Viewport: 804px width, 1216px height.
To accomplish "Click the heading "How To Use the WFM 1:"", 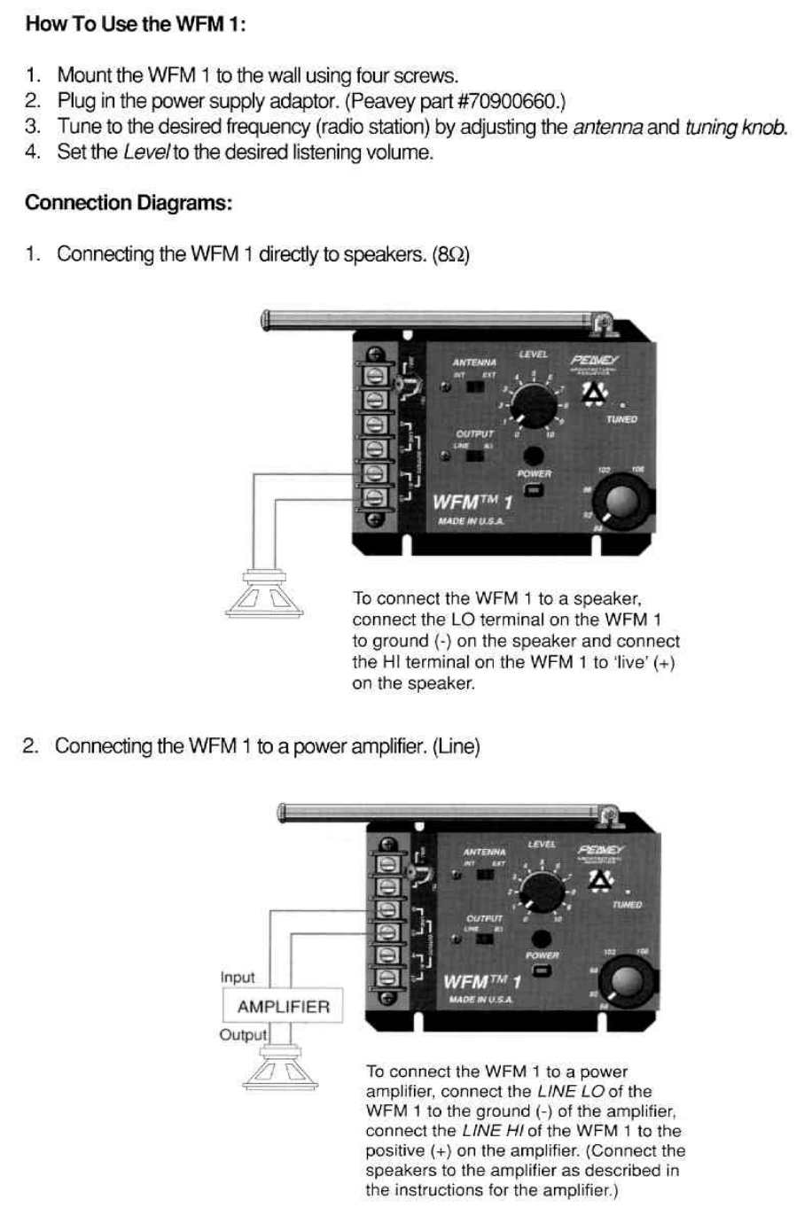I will click(x=135, y=24).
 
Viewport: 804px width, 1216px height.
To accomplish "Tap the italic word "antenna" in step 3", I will click(x=607, y=127).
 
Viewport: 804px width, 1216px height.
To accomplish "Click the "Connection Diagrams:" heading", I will click(x=129, y=203).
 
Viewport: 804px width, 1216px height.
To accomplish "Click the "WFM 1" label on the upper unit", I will click(x=472, y=503).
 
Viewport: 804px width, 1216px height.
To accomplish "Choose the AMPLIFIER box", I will click(x=283, y=1007).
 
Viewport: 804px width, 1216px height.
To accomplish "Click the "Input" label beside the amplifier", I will click(x=238, y=978).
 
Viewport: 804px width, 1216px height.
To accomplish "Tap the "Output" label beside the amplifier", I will click(x=243, y=1035).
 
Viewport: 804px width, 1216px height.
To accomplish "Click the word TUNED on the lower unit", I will click(x=627, y=905).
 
